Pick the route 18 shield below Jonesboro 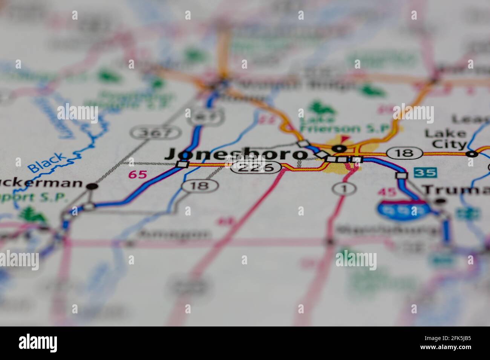tap(199, 185)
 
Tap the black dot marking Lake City tap(471, 154)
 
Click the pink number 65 tap(137, 174)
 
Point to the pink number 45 tap(387, 192)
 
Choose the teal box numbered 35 tap(425, 173)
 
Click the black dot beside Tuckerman tap(92, 186)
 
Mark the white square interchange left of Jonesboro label tap(182, 165)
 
